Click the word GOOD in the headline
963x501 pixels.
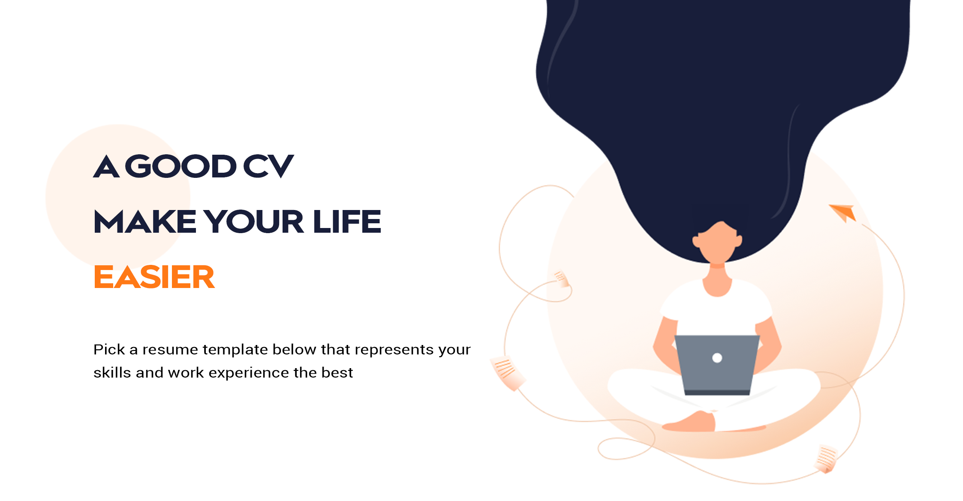point(181,166)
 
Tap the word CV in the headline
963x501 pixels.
point(268,166)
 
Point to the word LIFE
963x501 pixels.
point(347,222)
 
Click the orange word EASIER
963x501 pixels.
point(154,277)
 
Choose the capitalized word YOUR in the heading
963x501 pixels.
point(253,222)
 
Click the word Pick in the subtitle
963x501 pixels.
point(109,349)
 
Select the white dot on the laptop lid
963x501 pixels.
point(717,358)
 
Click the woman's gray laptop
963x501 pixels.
point(717,365)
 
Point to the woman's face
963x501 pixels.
point(717,243)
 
